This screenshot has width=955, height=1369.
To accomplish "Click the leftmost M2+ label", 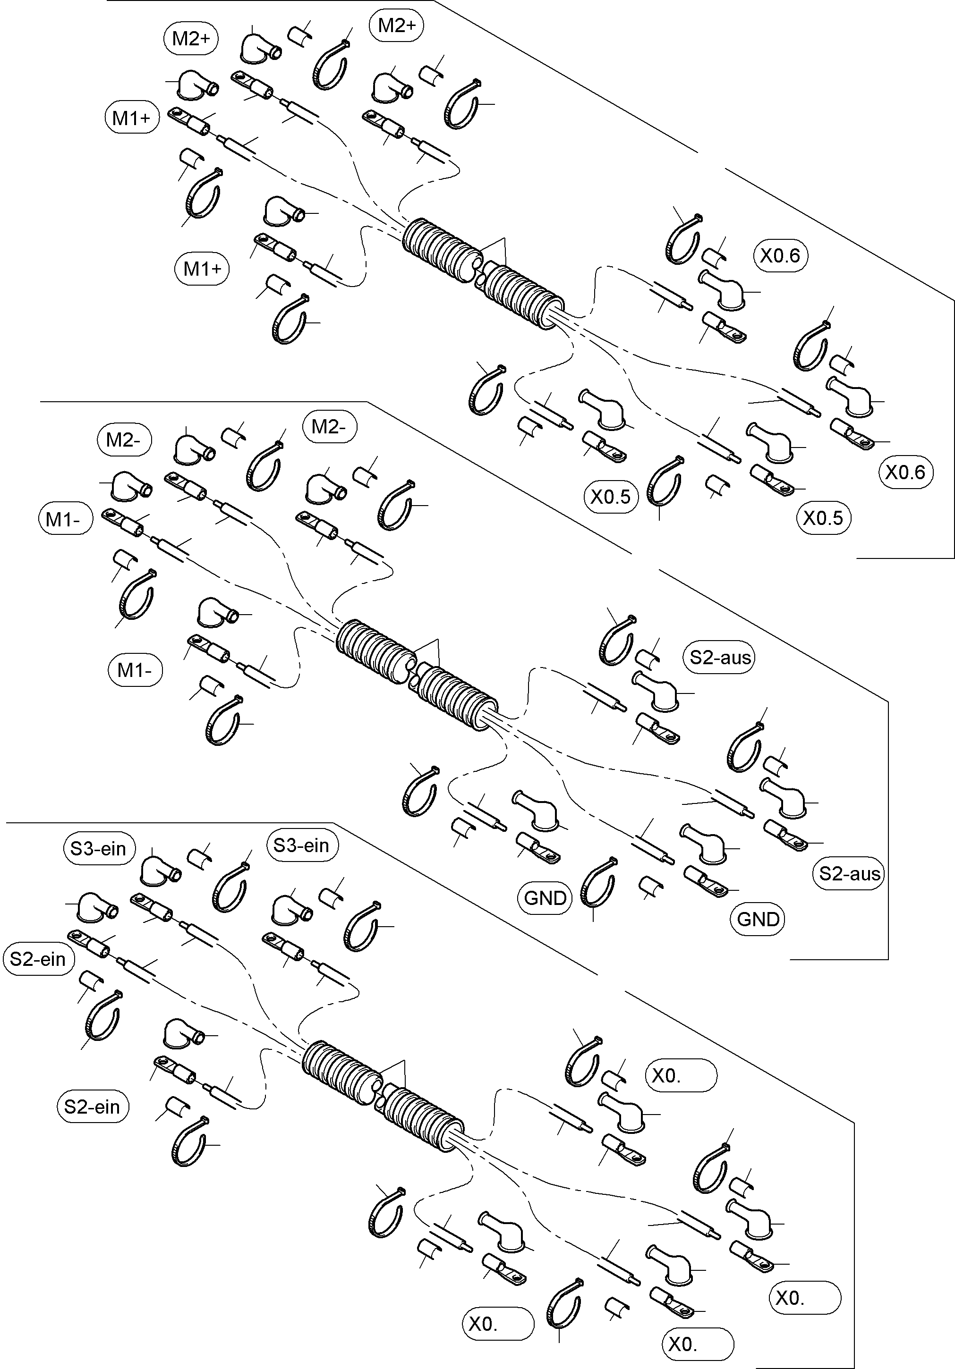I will (191, 39).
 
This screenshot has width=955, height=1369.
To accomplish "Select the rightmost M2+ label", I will (397, 25).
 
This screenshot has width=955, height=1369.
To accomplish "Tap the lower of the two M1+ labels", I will (202, 269).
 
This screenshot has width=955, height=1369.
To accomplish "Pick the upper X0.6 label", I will (780, 256).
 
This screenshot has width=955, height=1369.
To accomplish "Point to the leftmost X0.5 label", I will (610, 497).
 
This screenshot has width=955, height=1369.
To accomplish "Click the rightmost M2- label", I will (329, 427).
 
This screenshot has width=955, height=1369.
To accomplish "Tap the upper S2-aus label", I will (719, 658).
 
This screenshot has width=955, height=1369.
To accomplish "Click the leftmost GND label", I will (545, 898).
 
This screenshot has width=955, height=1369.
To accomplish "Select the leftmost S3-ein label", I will (98, 848).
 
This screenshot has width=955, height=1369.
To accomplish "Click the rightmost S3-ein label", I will (302, 845).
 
